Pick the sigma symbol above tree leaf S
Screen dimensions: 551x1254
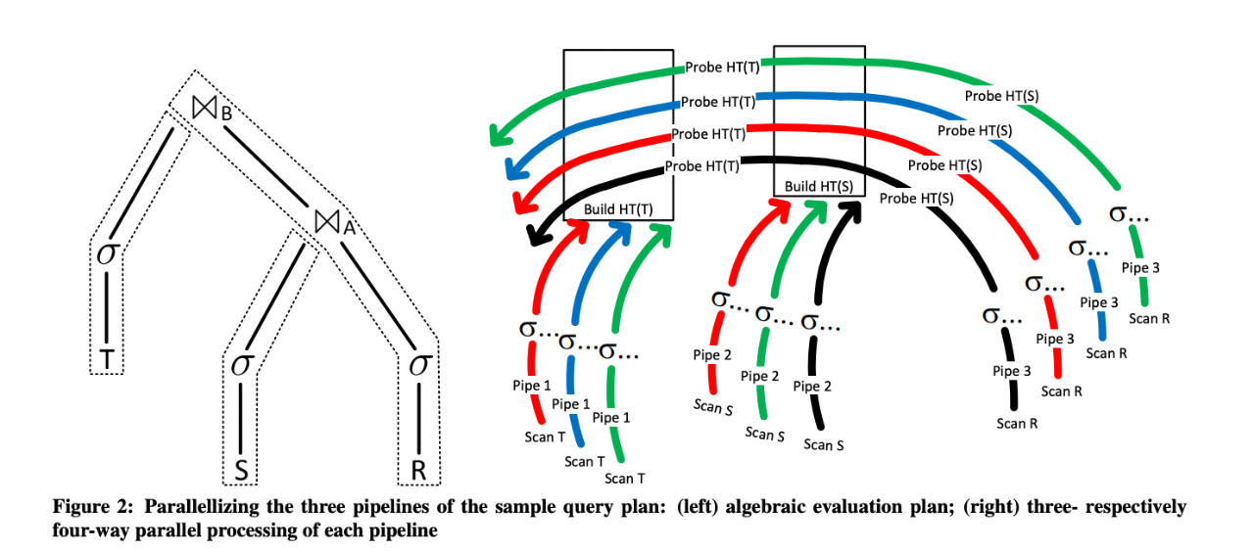tap(240, 367)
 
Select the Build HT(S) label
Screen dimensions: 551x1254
tap(819, 186)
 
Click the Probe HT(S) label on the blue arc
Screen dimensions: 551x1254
tap(975, 130)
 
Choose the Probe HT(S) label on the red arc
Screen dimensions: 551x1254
tap(945, 165)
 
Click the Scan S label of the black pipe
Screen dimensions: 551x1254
tap(824, 445)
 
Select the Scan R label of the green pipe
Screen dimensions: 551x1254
tap(1149, 318)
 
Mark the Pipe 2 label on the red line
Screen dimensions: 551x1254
tap(711, 354)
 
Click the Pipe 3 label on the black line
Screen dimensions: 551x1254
tap(1012, 371)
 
